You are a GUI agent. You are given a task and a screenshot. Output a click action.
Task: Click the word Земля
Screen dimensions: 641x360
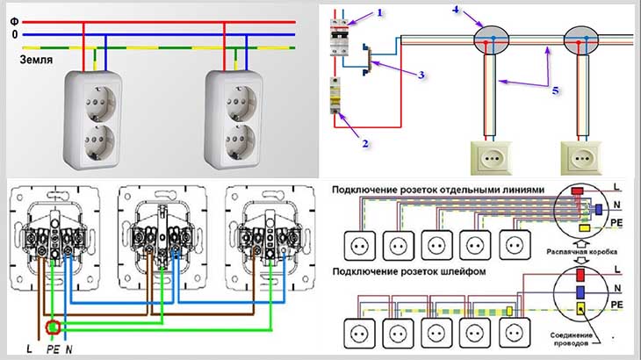click(36, 60)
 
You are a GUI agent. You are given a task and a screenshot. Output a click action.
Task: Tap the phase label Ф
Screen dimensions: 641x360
click(14, 22)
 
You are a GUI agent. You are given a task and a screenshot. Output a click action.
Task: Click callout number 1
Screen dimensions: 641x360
click(380, 12)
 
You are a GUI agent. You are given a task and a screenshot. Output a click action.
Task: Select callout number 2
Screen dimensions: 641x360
click(365, 143)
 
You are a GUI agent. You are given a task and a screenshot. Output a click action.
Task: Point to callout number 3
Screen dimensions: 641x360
click(421, 76)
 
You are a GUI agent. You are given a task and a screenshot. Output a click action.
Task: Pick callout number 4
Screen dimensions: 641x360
click(457, 9)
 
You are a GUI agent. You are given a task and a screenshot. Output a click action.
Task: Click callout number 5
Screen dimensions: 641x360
click(555, 90)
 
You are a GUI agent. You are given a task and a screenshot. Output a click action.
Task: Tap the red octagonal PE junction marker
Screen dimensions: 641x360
click(53, 327)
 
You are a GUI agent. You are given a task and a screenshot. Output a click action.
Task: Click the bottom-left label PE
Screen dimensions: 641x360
click(53, 349)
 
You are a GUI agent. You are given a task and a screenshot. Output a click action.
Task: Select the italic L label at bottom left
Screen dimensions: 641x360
click(30, 349)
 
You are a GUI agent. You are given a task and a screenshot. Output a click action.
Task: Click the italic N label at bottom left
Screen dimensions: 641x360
click(68, 349)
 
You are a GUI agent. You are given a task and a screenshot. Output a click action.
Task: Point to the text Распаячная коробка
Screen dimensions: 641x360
click(582, 252)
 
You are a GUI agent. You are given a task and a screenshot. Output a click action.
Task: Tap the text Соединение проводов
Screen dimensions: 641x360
click(571, 339)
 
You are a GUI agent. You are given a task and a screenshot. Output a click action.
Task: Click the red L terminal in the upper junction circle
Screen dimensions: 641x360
click(577, 191)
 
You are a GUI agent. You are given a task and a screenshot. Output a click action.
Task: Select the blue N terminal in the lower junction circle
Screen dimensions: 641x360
click(580, 292)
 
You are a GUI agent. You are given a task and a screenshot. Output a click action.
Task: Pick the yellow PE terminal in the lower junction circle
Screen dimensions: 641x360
click(580, 308)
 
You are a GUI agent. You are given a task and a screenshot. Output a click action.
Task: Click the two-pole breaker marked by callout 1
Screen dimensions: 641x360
click(339, 38)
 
